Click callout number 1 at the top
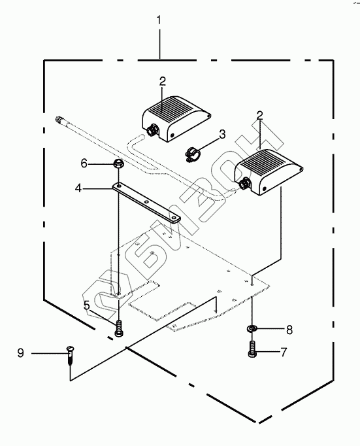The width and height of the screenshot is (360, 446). click(159, 20)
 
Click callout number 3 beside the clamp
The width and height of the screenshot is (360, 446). click(222, 133)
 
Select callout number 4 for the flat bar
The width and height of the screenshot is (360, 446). click(78, 188)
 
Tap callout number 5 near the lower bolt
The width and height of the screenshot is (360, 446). click(87, 305)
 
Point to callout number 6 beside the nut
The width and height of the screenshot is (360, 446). click(84, 163)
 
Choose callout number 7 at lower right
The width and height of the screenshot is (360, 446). click(284, 352)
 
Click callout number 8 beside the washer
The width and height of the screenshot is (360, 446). click(289, 330)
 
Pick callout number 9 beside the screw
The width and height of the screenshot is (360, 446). click(20, 353)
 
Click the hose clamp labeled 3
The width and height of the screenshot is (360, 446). click(192, 154)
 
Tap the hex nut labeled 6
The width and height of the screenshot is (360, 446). click(118, 163)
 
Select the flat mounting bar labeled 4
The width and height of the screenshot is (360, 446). click(146, 203)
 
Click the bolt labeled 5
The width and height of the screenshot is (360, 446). click(118, 328)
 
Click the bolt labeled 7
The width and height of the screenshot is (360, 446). click(252, 349)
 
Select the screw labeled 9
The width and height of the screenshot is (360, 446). click(70, 354)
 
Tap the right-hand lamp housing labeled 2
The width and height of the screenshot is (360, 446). click(268, 172)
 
